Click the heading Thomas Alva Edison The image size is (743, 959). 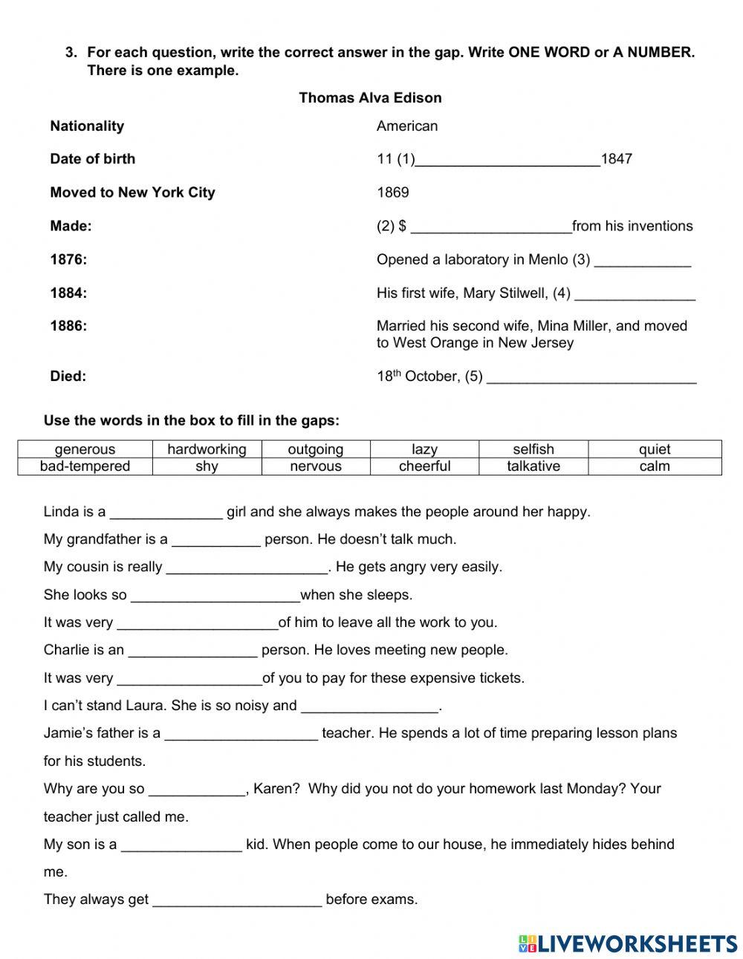pyautogui.click(x=370, y=98)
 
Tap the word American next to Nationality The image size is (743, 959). pyautogui.click(x=407, y=126)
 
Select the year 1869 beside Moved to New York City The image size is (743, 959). pyautogui.click(x=392, y=192)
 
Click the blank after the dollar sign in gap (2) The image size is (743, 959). pyautogui.click(x=490, y=227)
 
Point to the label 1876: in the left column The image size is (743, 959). pyautogui.click(x=68, y=259)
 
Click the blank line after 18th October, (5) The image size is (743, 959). pyautogui.click(x=591, y=377)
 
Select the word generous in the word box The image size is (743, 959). pyautogui.click(x=85, y=449)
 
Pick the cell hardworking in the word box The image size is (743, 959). pyautogui.click(x=207, y=449)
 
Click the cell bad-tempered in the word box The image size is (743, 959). pyautogui.click(x=85, y=467)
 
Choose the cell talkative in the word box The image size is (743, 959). pyautogui.click(x=533, y=467)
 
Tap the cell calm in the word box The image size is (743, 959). pyautogui.click(x=655, y=467)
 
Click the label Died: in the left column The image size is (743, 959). pyautogui.click(x=68, y=376)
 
